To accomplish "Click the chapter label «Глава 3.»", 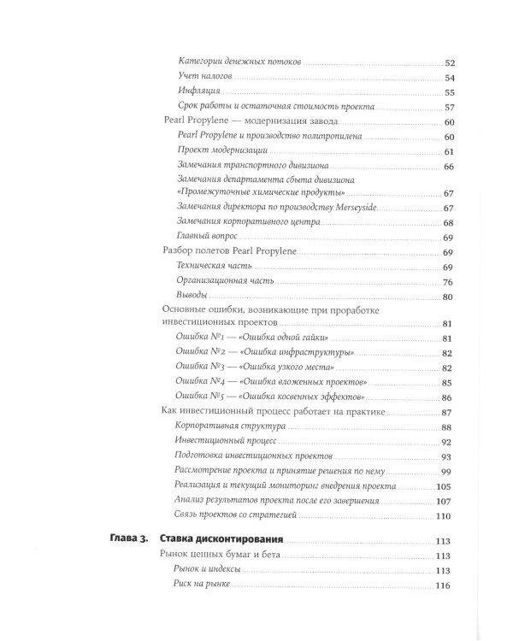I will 131,540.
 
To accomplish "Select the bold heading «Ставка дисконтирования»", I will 223,540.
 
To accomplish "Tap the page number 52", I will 448,63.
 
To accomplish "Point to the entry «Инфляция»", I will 201,91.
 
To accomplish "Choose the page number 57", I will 448,107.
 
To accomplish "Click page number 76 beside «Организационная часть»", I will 448,282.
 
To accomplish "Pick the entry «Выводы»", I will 194,296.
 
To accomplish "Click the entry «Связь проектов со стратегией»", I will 238,516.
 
